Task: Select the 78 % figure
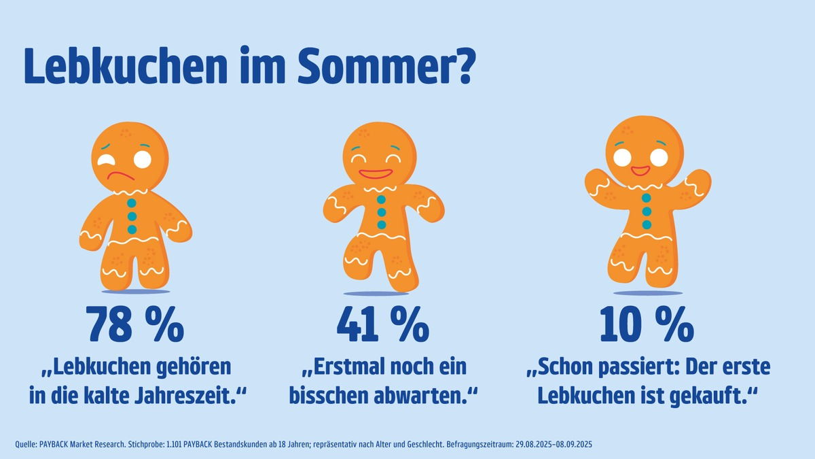(135, 326)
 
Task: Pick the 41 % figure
(383, 326)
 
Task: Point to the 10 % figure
(646, 326)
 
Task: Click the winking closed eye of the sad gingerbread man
(107, 160)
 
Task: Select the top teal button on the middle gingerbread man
(381, 200)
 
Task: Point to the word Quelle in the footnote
(28, 445)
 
